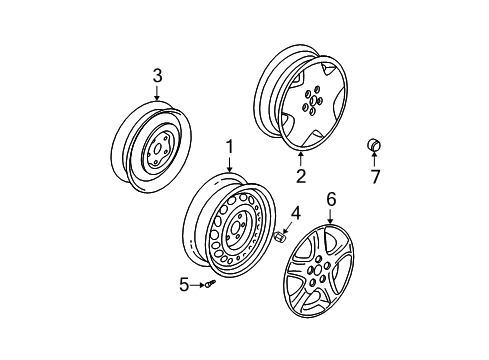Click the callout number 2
point(300,177)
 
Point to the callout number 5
point(184,286)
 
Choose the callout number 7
point(376,179)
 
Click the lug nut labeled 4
point(281,265)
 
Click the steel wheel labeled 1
point(230,232)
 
